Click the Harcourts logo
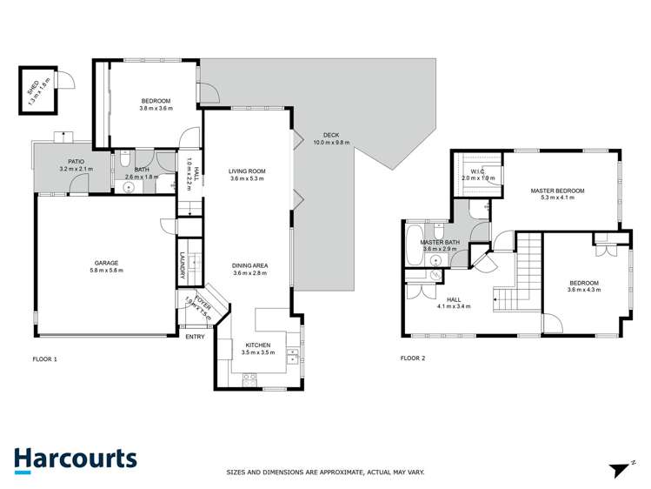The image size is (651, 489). tap(75, 459)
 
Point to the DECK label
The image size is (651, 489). tap(330, 135)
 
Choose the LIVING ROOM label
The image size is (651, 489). tap(246, 171)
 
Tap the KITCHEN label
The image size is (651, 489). tap(257, 345)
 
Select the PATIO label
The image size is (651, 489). tap(76, 161)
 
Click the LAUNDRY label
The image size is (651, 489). tap(183, 265)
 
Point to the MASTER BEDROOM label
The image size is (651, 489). tap(557, 190)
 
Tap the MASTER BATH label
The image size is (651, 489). tap(441, 242)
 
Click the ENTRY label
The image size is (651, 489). tap(195, 337)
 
